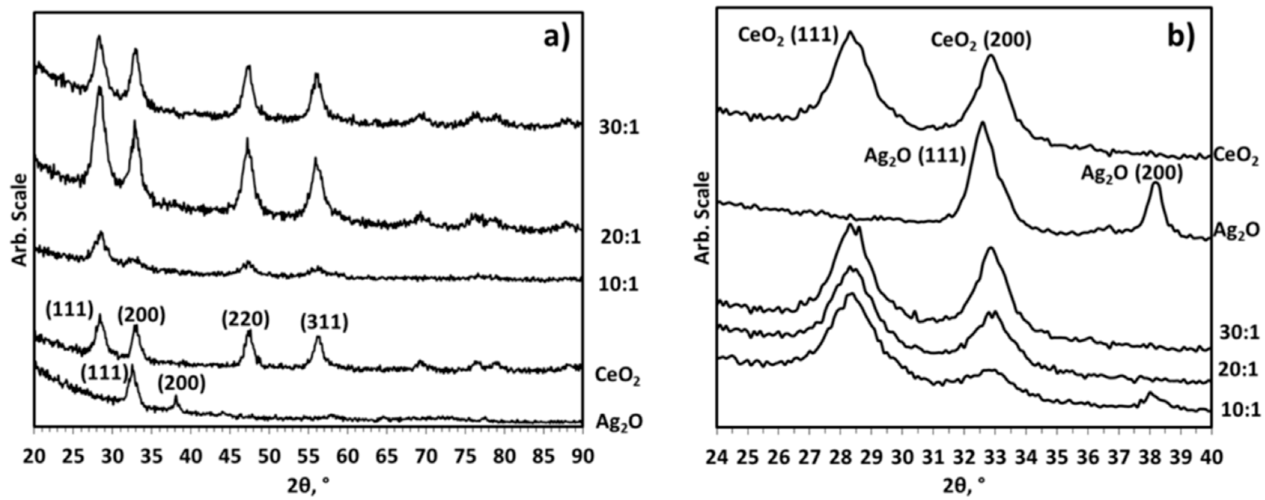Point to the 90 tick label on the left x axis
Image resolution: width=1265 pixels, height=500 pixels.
(583, 456)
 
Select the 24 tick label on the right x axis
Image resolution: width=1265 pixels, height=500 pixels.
(717, 456)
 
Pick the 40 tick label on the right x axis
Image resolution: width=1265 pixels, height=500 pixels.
(1211, 456)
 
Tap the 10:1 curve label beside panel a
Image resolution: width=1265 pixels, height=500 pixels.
(618, 284)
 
